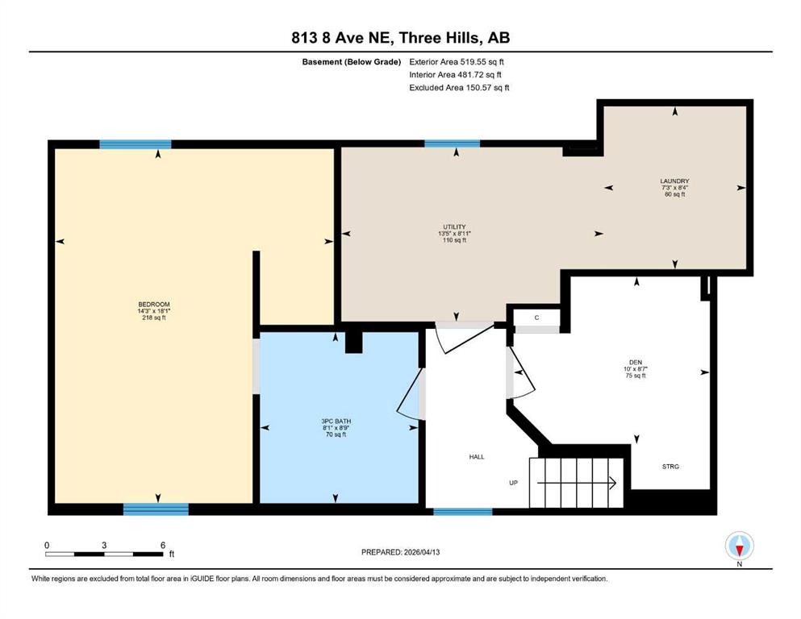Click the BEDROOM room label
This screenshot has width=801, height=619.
pos(154,304)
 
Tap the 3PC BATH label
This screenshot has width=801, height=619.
pos(336,422)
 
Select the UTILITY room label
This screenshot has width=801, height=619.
pos(454,227)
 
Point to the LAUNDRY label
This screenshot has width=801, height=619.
pos(674,181)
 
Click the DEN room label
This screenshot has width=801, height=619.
pos(636,363)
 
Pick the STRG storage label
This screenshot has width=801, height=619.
pos(670,467)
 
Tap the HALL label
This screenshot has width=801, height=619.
pos(477,457)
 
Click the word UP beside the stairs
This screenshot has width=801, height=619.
pos(513,483)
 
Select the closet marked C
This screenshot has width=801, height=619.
pos(536,318)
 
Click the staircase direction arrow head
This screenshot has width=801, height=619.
pos(613,482)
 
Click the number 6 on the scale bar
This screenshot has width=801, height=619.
pos(163,545)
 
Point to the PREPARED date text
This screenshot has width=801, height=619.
pos(400,552)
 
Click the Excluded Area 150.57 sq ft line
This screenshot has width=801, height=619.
pos(459,87)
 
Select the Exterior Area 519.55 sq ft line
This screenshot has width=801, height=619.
pos(457,62)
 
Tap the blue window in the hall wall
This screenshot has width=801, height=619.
pos(463,511)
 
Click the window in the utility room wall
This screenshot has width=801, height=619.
pos(452,144)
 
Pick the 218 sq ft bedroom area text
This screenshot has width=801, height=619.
pos(154,318)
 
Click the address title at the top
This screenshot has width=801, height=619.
pos(400,38)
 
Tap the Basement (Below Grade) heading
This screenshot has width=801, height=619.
pos(352,62)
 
